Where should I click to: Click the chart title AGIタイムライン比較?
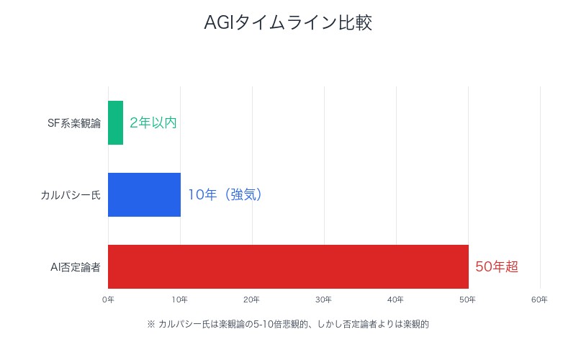click(x=288, y=23)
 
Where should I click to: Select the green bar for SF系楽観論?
click(x=115, y=122)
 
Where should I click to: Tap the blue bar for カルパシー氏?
click(x=144, y=194)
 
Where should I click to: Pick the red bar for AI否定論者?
click(x=288, y=266)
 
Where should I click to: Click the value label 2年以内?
click(x=153, y=122)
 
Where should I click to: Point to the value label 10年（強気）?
click(x=225, y=194)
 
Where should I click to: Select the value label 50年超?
click(x=496, y=266)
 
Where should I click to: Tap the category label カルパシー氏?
click(x=71, y=195)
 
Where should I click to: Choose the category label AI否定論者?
click(x=75, y=267)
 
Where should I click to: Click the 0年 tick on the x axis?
click(x=108, y=299)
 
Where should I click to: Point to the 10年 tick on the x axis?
click(x=180, y=299)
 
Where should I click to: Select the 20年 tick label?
click(x=252, y=299)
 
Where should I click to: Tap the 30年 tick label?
click(x=324, y=299)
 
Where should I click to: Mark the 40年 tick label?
click(x=396, y=299)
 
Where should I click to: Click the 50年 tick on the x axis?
click(x=468, y=299)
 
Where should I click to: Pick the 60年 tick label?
click(x=540, y=299)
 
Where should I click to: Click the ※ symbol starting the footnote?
click(x=150, y=324)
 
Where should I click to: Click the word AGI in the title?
click(x=216, y=23)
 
